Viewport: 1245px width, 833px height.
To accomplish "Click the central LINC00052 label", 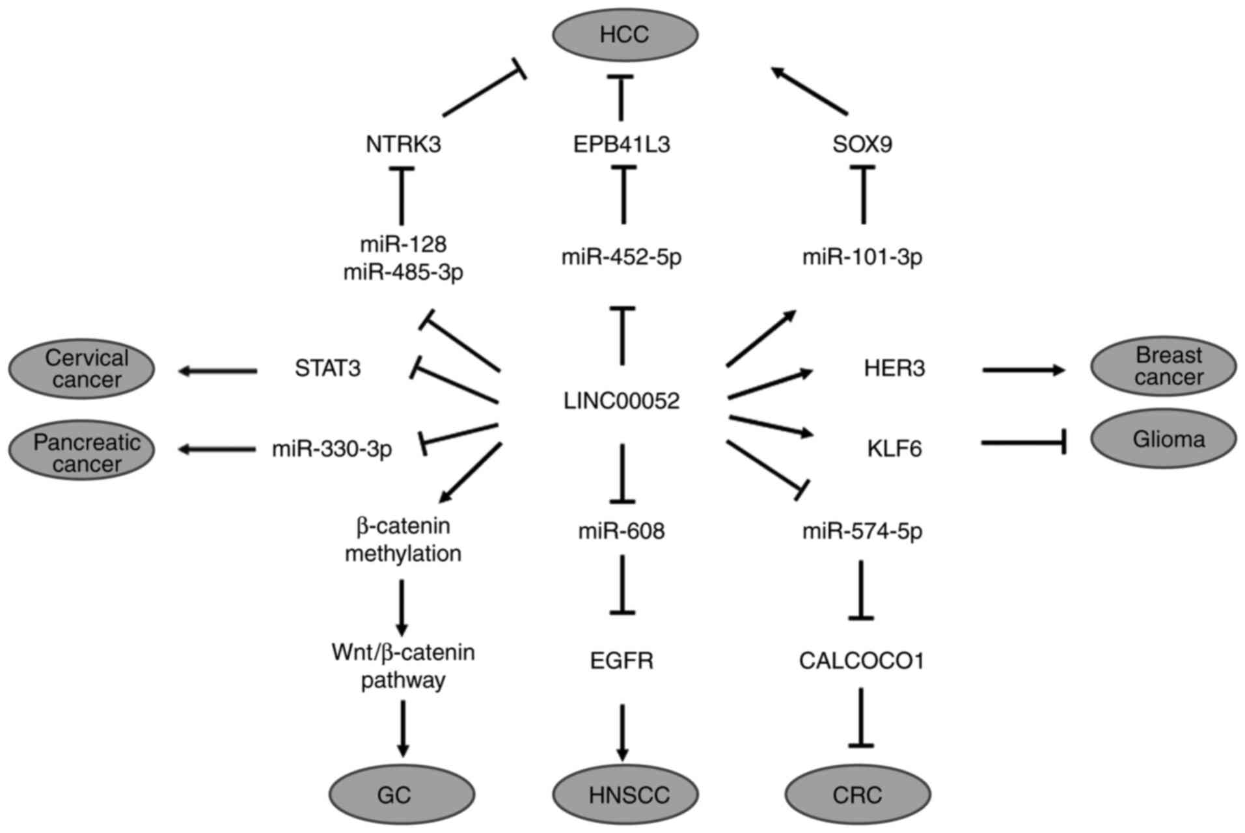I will pyautogui.click(x=622, y=400).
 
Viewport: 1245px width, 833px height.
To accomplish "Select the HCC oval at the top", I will pyautogui.click(x=625, y=34).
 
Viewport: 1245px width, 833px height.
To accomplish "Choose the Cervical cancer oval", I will pyautogui.click(x=82, y=369).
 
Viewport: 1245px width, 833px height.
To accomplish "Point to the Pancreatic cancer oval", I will pyautogui.click(x=82, y=450).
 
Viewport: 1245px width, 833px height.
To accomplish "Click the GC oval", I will pyautogui.click(x=402, y=795).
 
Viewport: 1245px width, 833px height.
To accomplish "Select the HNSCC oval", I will pyautogui.click(x=625, y=795).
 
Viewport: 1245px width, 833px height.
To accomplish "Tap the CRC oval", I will pyautogui.click(x=858, y=795).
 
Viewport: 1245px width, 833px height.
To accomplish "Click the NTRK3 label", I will pyautogui.click(x=404, y=144).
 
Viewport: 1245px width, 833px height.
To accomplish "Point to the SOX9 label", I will pyautogui.click(x=862, y=144).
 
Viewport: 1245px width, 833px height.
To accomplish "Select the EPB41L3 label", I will pyautogui.click(x=622, y=144).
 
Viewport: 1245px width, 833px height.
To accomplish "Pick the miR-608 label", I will pyautogui.click(x=622, y=531).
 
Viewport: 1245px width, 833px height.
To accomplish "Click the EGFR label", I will pyautogui.click(x=622, y=661).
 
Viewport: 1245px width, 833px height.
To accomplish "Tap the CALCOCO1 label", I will pyautogui.click(x=862, y=661).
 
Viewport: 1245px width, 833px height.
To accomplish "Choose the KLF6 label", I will pyautogui.click(x=894, y=448).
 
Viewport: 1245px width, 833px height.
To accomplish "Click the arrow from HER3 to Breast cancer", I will pyautogui.click(x=1023, y=370).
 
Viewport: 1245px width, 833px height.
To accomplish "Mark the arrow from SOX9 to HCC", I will pyautogui.click(x=810, y=90).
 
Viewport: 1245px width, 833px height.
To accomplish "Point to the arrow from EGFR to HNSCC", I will pyautogui.click(x=623, y=731).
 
